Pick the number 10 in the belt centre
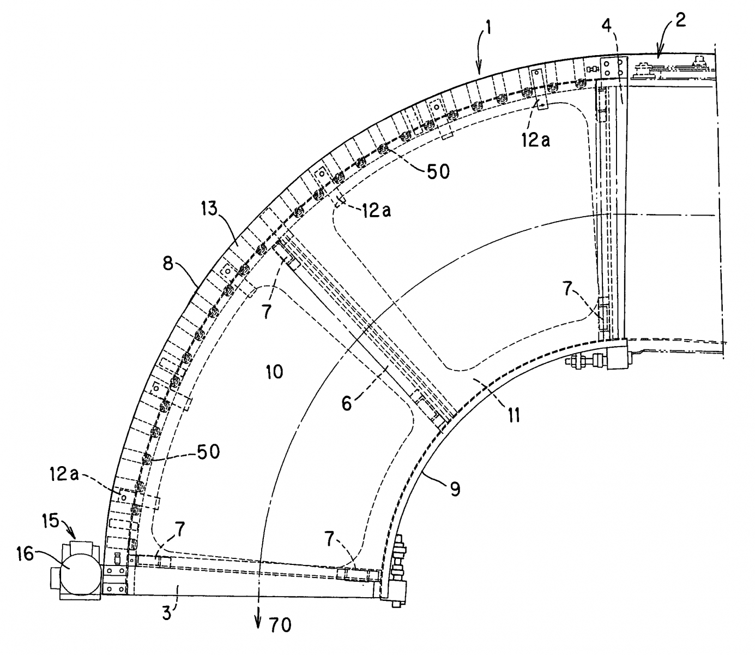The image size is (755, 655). (x=274, y=372)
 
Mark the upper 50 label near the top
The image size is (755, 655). (x=438, y=171)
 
